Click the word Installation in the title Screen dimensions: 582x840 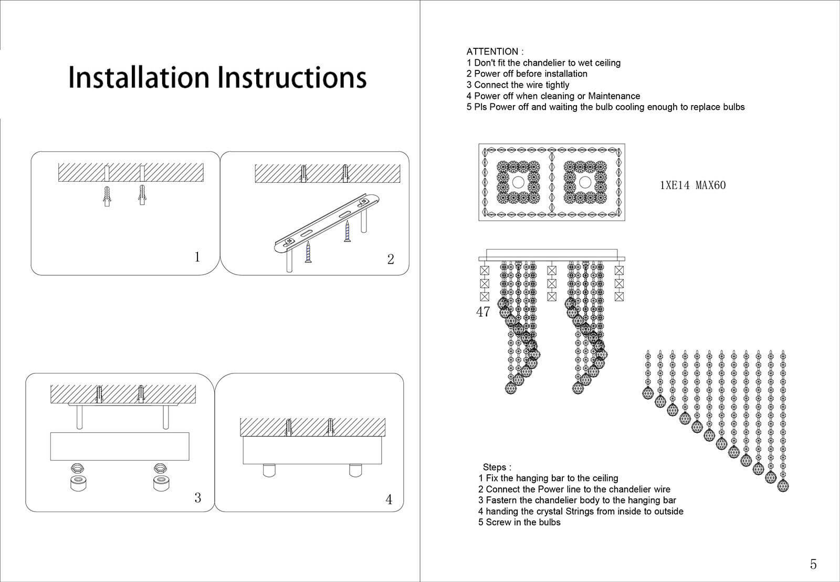[x=139, y=77]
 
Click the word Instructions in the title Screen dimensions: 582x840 [x=292, y=77]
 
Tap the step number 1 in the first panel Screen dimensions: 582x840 [x=197, y=257]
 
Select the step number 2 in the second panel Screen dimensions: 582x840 [x=390, y=259]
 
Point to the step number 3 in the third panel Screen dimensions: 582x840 [x=197, y=497]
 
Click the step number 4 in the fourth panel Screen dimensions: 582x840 [x=388, y=500]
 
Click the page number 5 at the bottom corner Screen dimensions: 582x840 [x=813, y=564]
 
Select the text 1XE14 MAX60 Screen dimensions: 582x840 [x=692, y=185]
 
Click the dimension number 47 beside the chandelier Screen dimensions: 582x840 [x=482, y=311]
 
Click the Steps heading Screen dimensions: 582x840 [x=497, y=467]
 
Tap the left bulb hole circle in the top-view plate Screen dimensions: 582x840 [x=518, y=182]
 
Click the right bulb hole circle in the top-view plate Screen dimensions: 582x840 [x=585, y=182]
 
